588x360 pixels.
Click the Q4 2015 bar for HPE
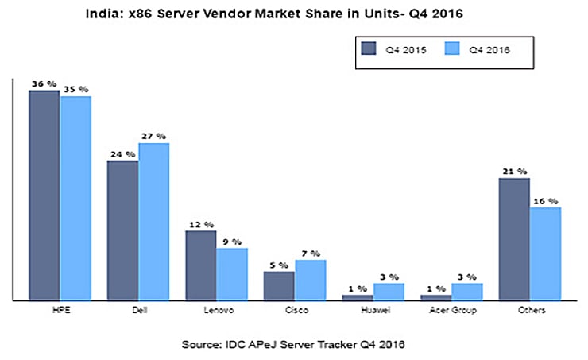44,195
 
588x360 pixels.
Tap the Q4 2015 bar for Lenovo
200,265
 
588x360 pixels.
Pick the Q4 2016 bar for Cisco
310,280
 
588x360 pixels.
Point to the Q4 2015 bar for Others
514,238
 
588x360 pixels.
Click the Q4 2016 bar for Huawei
389,291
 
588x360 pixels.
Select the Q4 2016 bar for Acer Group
467,291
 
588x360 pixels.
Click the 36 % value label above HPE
42,83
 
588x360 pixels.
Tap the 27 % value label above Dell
153,136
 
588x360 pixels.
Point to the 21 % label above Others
513,170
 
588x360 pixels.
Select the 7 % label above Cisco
311,253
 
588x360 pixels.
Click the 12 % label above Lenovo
200,224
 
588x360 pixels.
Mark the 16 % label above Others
545,200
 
